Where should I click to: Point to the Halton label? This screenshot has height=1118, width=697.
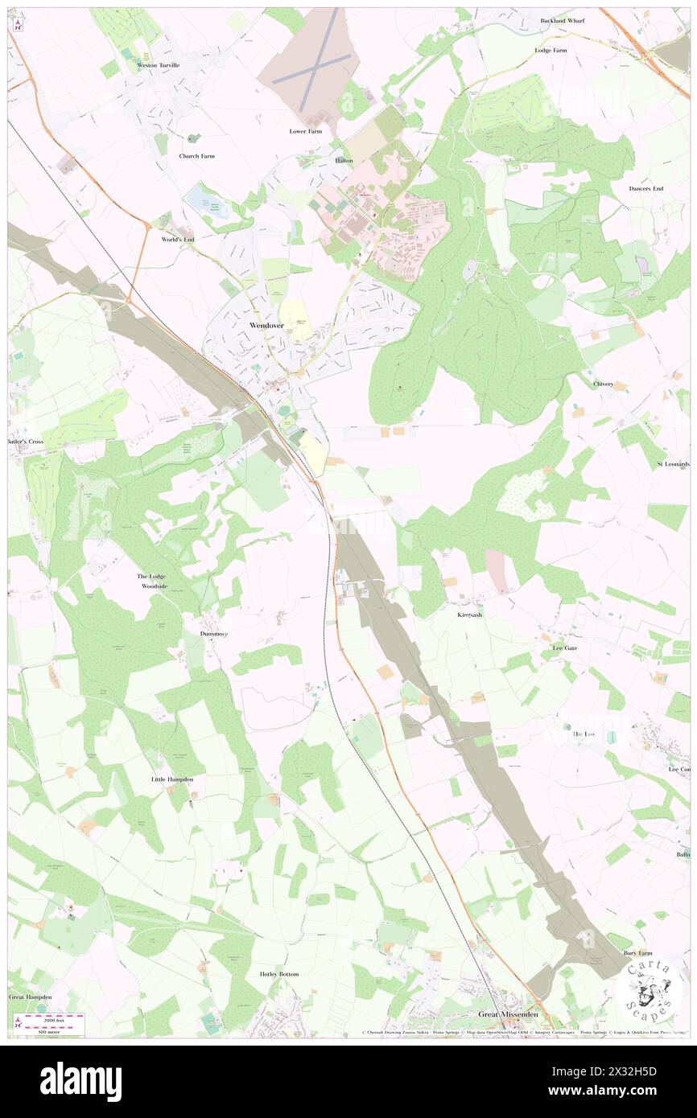pyautogui.click(x=344, y=161)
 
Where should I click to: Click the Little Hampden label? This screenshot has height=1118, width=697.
pyautogui.click(x=172, y=779)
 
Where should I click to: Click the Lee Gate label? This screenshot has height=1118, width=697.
pyautogui.click(x=565, y=647)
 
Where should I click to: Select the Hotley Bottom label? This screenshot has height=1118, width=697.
pyautogui.click(x=279, y=974)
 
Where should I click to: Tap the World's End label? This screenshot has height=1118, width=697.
pyautogui.click(x=178, y=240)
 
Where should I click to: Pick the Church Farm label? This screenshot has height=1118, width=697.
pyautogui.click(x=197, y=156)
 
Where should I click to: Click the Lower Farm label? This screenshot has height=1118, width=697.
pyautogui.click(x=306, y=130)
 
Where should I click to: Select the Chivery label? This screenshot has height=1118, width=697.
pyautogui.click(x=604, y=384)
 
